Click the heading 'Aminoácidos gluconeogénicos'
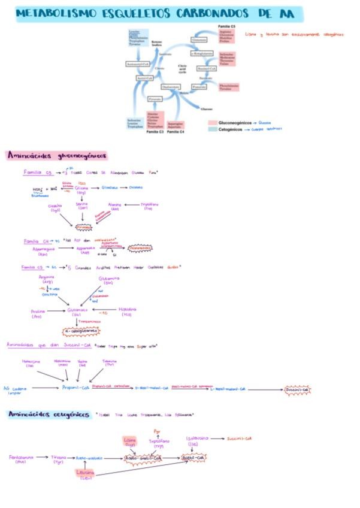(57, 156)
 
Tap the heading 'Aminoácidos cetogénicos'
(48, 415)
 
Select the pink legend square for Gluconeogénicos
(212, 123)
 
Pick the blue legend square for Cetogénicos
(212, 129)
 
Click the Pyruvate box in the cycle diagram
(155, 98)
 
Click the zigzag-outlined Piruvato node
(83, 228)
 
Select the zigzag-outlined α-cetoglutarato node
(81, 330)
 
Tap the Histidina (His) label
(126, 312)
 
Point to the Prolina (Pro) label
(38, 313)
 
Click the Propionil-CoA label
(75, 388)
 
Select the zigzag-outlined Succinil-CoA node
(297, 389)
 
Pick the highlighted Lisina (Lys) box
(131, 442)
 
